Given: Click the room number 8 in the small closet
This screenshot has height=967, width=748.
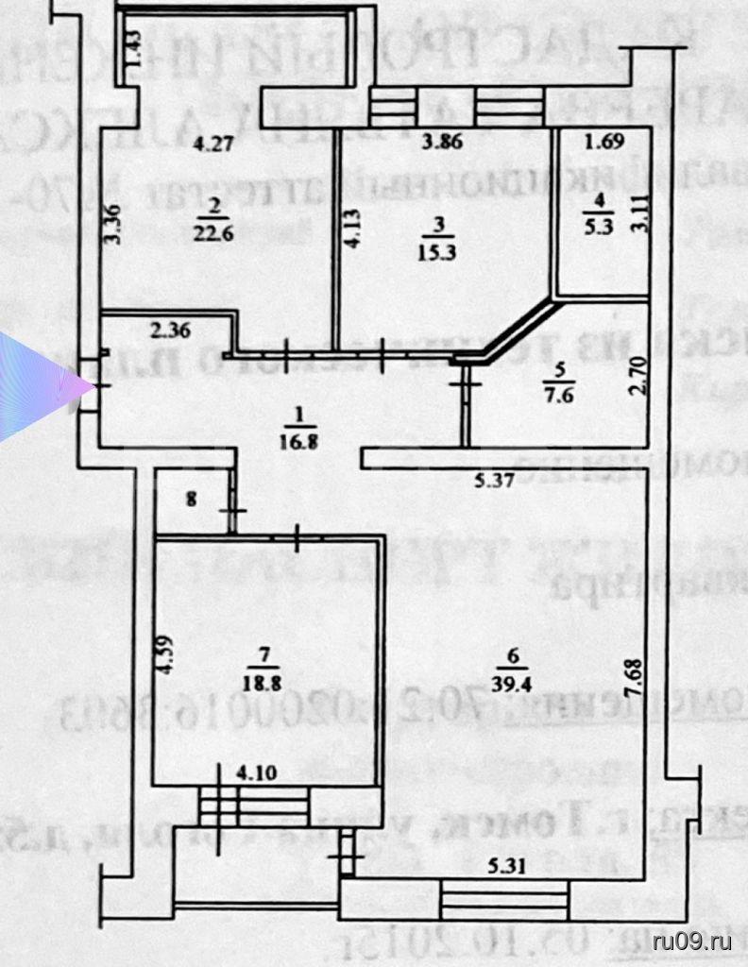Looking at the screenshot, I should (x=192, y=500).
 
